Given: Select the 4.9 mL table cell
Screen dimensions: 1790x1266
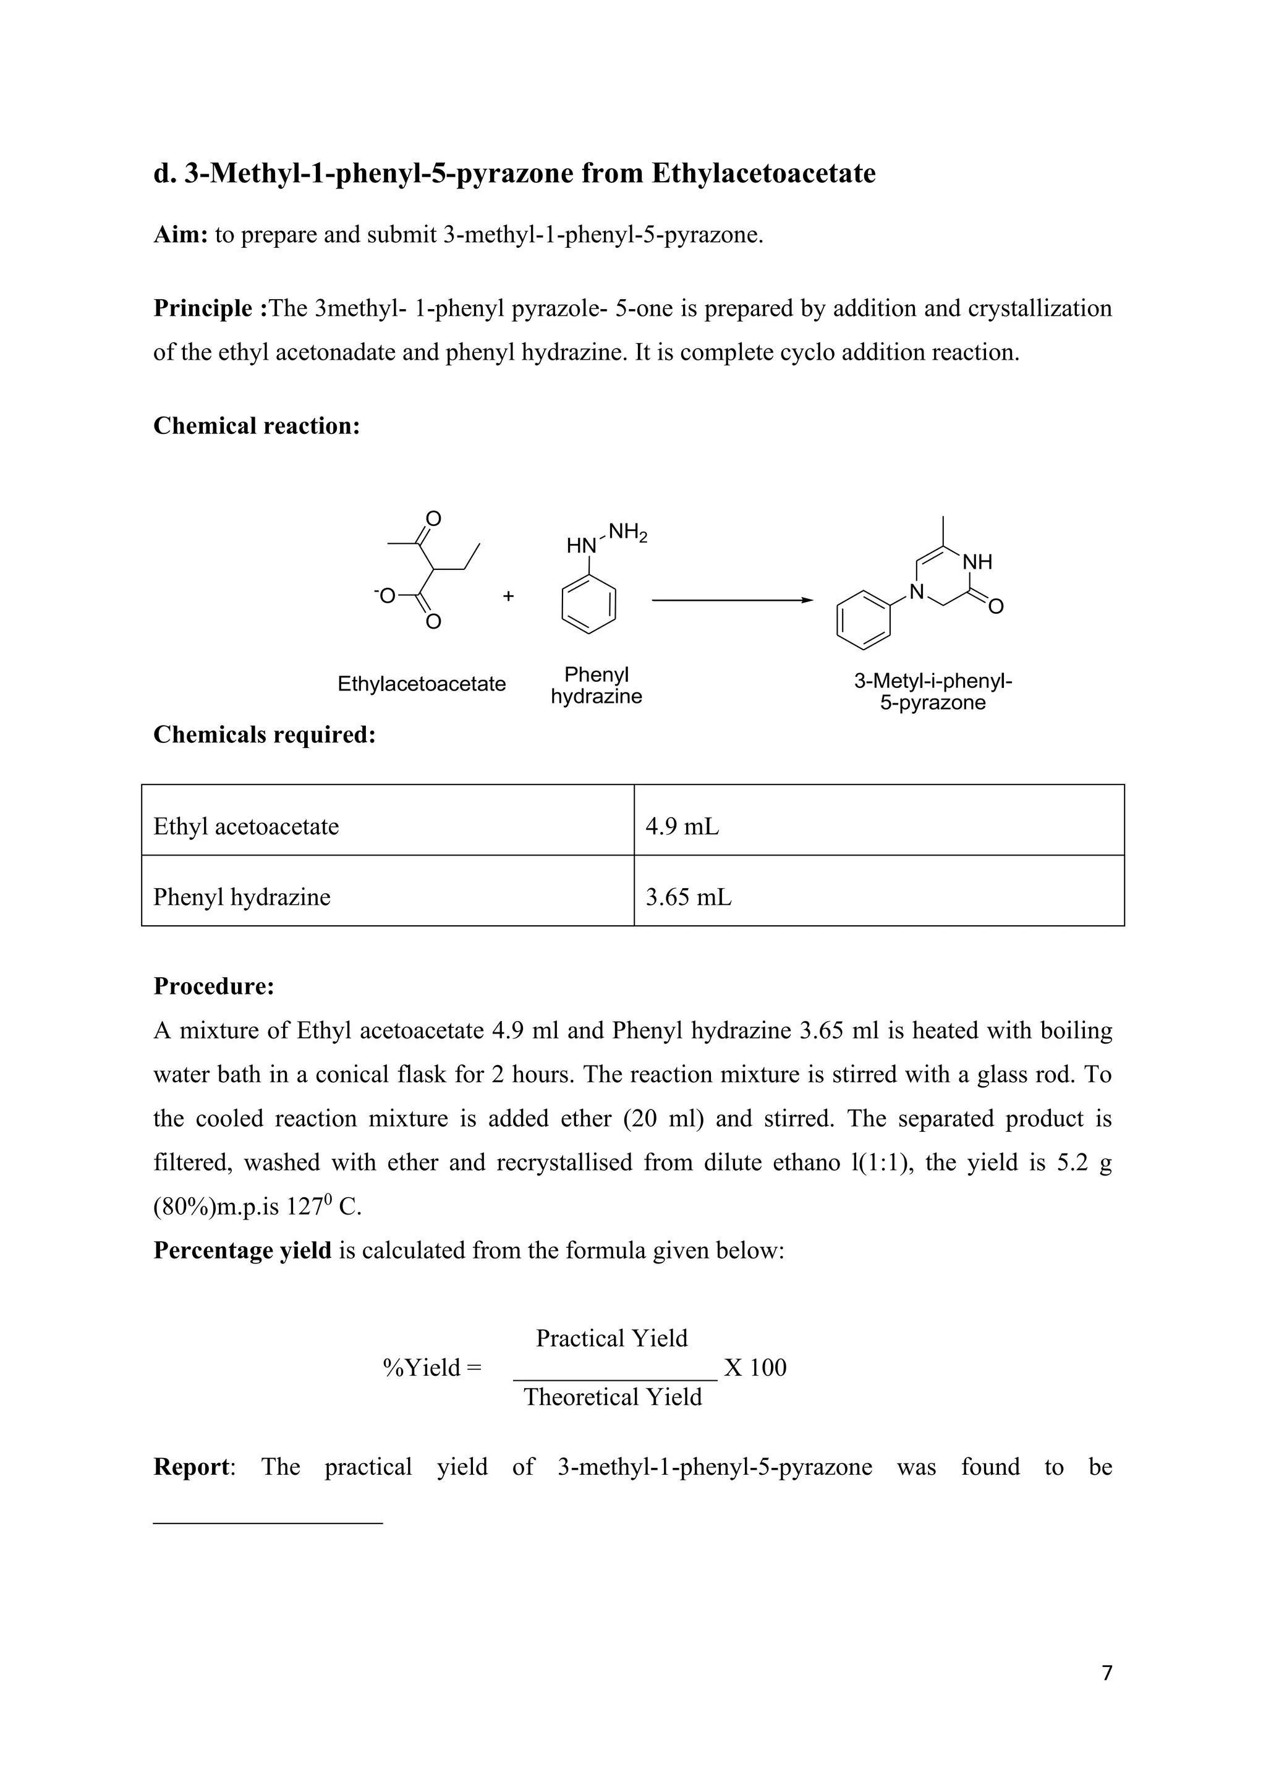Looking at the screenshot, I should [878, 826].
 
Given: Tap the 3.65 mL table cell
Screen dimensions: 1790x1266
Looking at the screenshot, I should [878, 897].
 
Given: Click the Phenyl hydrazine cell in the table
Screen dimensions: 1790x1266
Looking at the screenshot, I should [388, 897].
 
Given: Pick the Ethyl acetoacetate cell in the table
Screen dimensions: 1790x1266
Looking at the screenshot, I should [388, 826].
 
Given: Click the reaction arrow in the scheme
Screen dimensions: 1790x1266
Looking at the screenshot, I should [731, 600].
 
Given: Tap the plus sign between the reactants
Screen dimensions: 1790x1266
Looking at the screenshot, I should [508, 596].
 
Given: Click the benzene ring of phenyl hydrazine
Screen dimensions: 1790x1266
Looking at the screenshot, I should [588, 605].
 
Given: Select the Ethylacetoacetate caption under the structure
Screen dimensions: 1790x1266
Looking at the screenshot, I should [421, 684].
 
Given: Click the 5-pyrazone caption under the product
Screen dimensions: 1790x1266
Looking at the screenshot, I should [932, 702].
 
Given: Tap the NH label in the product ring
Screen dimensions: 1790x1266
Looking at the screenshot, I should [977, 561].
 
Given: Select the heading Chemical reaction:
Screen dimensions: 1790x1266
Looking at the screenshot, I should [257, 426].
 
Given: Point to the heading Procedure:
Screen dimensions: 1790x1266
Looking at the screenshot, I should [214, 986].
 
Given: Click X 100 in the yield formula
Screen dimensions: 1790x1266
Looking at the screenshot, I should [755, 1367].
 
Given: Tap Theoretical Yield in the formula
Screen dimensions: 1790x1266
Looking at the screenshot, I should [613, 1396].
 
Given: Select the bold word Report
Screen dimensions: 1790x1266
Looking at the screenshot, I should [192, 1467].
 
